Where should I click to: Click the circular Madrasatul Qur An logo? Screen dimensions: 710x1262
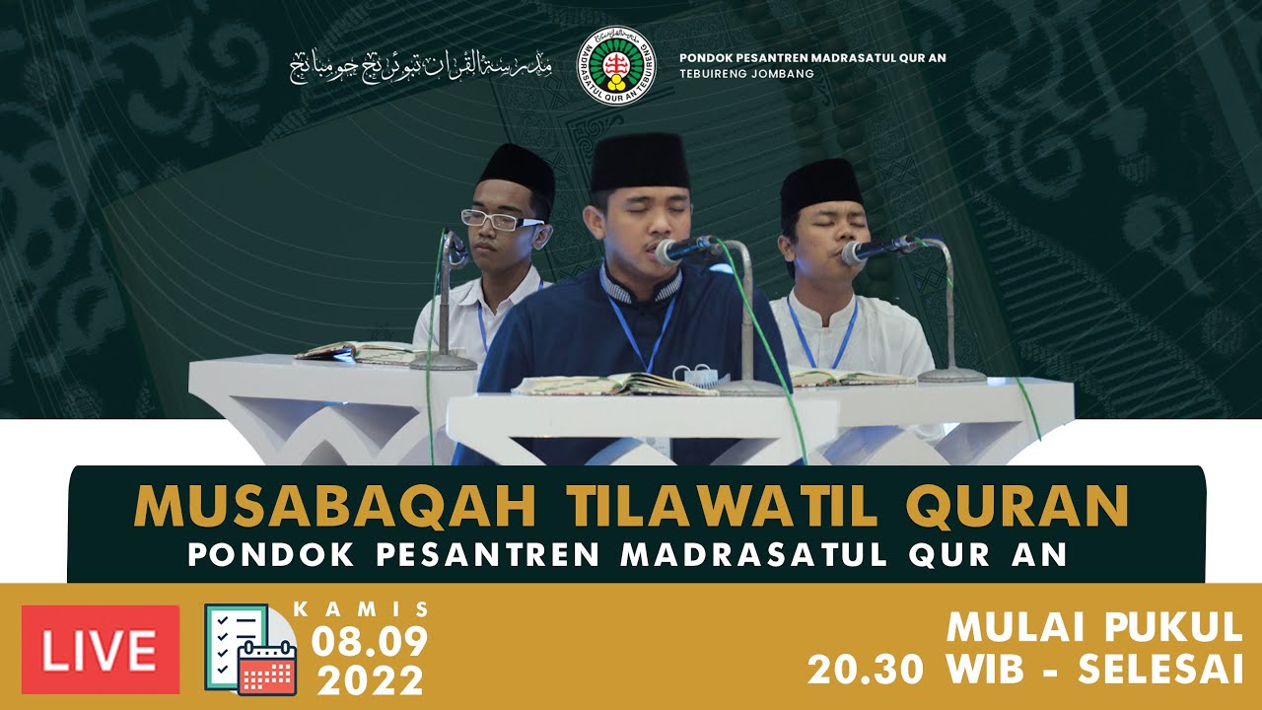click(616, 66)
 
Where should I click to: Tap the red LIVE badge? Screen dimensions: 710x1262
click(101, 650)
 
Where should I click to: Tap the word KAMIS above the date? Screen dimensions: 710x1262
click(362, 609)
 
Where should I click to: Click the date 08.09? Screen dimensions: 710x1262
click(370, 643)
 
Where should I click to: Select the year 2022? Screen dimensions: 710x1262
click(371, 680)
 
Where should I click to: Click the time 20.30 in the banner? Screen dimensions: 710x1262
click(866, 671)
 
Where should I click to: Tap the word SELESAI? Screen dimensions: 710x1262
click(1160, 671)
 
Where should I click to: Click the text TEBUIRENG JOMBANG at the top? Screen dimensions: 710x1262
click(746, 74)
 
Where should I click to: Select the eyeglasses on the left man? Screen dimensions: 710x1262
click(500, 220)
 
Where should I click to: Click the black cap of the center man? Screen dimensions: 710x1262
click(641, 162)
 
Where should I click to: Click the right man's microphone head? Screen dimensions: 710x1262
click(860, 250)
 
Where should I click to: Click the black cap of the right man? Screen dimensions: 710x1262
click(820, 185)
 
